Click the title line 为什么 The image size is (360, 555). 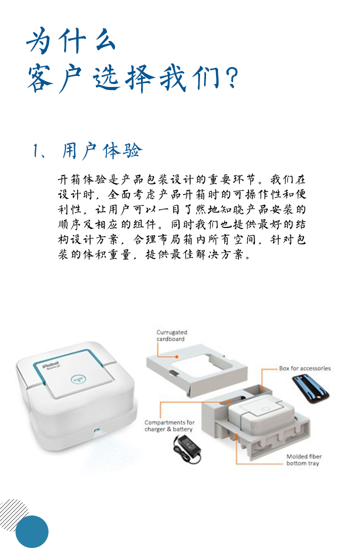[71, 40]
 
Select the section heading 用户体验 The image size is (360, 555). [102, 151]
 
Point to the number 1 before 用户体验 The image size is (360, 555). [35, 151]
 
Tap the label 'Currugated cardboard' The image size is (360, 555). [171, 335]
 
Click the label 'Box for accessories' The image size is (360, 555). [305, 368]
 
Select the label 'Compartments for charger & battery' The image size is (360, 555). [169, 426]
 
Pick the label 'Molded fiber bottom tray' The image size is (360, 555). [304, 460]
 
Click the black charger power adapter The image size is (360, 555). [187, 448]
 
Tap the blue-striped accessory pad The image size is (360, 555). [310, 388]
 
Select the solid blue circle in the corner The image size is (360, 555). [32, 531]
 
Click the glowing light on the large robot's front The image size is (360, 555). [96, 431]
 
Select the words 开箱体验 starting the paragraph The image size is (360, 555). [82, 179]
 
